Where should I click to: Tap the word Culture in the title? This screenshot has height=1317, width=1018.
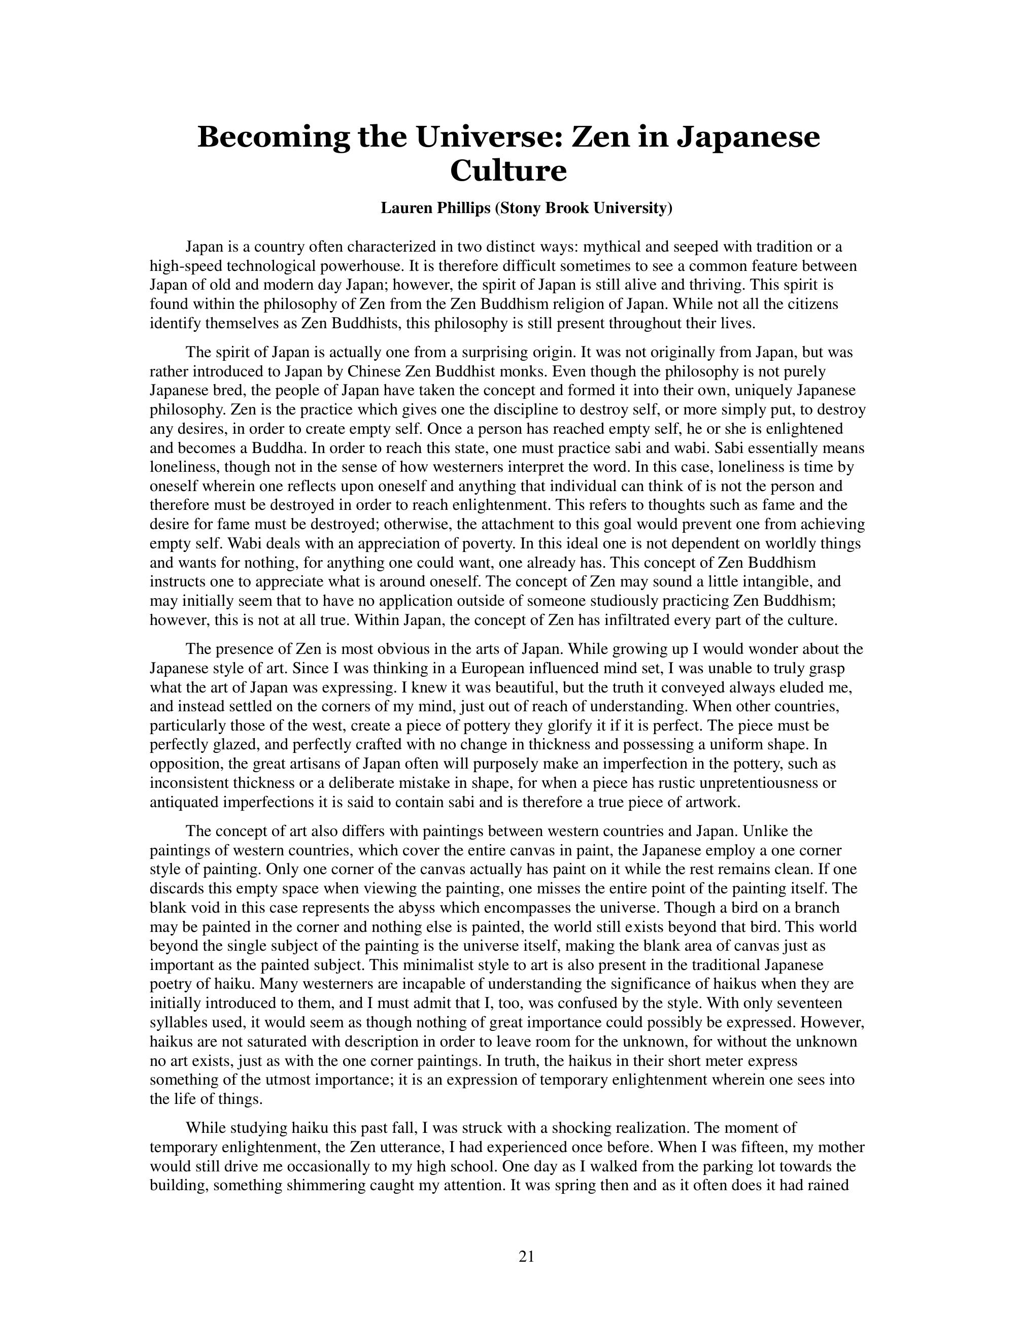tap(508, 170)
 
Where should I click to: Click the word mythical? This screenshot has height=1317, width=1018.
tap(611, 247)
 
